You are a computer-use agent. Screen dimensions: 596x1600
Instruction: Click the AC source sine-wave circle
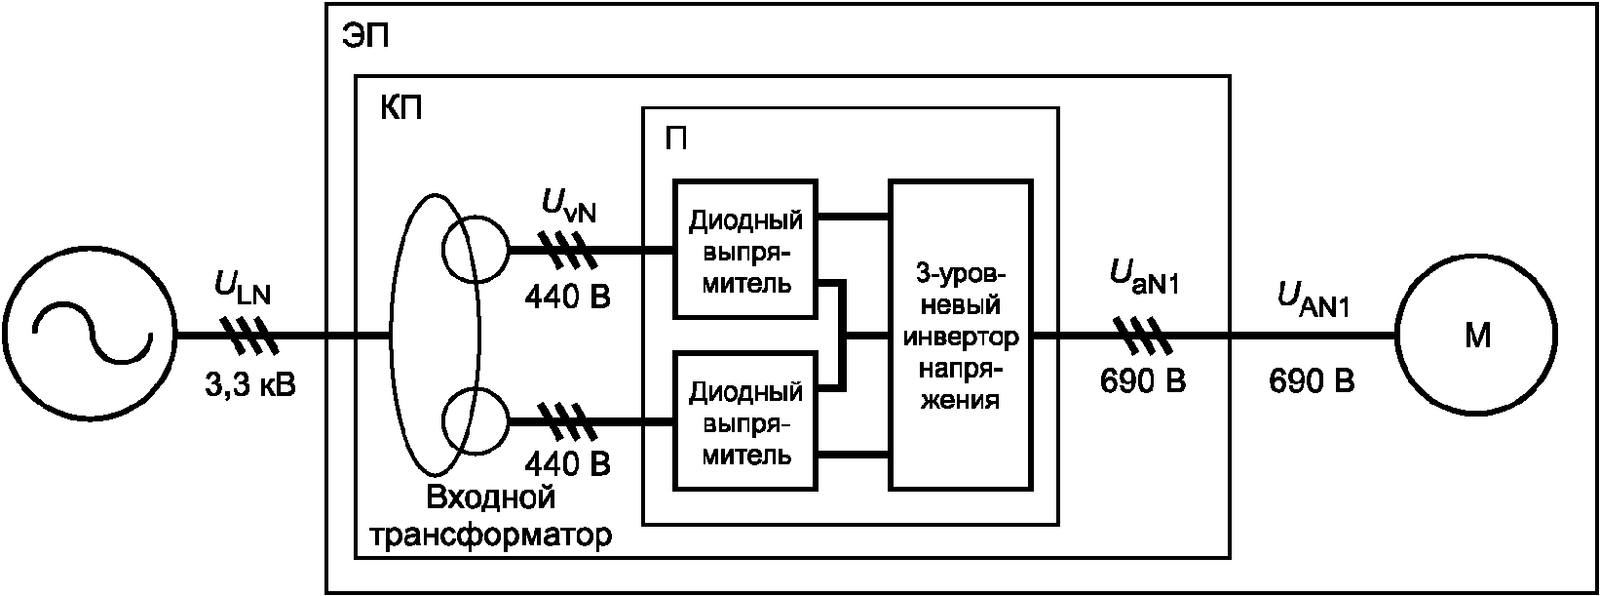(91, 337)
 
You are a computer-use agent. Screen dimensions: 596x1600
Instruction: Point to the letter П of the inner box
(675, 139)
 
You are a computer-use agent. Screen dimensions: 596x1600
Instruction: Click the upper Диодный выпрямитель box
(745, 250)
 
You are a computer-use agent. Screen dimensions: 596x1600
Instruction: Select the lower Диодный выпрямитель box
(745, 422)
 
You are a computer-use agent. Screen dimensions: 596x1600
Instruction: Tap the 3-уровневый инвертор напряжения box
(961, 335)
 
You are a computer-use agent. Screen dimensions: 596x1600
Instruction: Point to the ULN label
(243, 289)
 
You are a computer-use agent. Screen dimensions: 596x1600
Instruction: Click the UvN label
(568, 206)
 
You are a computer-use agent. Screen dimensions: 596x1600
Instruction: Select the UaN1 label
(1145, 276)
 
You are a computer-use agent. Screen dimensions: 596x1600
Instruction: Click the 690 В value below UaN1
(1143, 381)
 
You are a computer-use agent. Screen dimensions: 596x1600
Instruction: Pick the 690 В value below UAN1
(1311, 381)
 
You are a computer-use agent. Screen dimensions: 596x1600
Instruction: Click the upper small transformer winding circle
(474, 250)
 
